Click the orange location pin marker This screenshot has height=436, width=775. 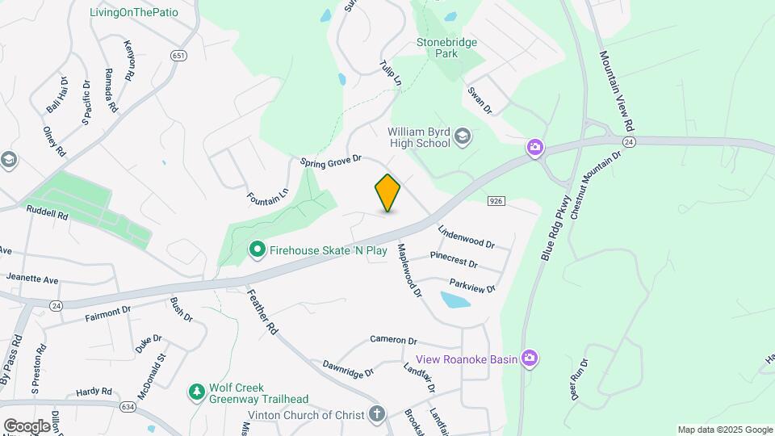tap(387, 193)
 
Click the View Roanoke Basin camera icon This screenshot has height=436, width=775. tap(529, 358)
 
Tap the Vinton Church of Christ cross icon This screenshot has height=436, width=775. tap(376, 414)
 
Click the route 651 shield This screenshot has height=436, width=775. tap(179, 55)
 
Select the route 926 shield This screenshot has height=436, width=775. tap(496, 199)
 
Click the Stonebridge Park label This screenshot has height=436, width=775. tap(446, 48)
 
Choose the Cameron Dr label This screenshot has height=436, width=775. tap(393, 341)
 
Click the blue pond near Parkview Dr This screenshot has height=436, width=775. tap(455, 301)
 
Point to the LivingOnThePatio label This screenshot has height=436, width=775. tap(134, 13)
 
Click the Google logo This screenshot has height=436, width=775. tap(27, 426)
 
